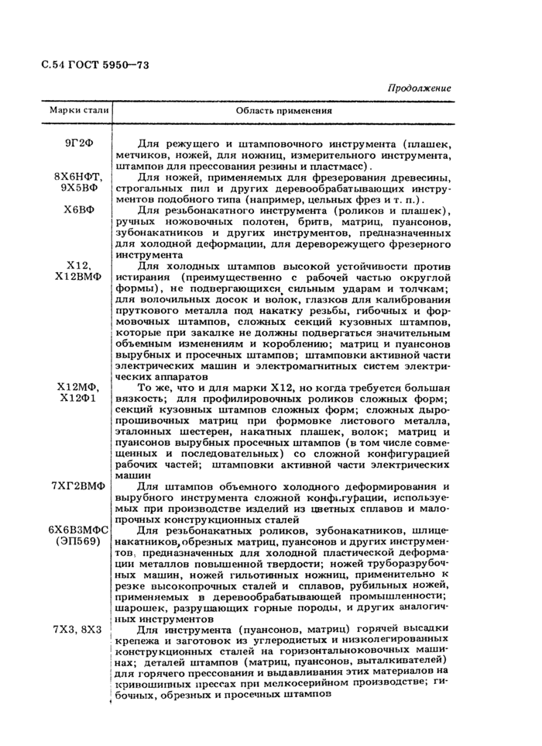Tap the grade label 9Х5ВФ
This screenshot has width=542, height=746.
80,188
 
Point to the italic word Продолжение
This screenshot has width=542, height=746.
419,88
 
